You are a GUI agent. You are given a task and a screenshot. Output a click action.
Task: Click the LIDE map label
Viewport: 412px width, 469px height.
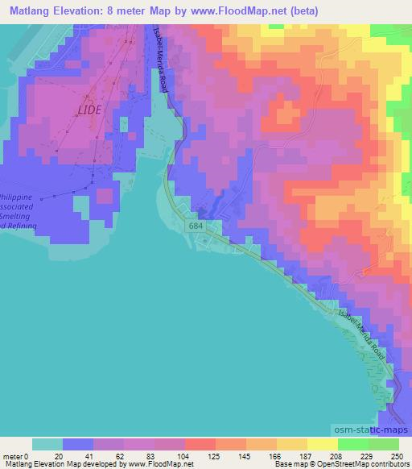click(89, 110)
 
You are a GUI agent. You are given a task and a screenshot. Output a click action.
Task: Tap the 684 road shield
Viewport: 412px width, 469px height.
click(196, 228)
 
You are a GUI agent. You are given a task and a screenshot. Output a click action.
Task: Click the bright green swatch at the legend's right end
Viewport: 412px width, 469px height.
click(383, 444)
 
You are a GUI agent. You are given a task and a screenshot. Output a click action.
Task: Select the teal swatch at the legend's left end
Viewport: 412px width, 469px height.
click(47, 444)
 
